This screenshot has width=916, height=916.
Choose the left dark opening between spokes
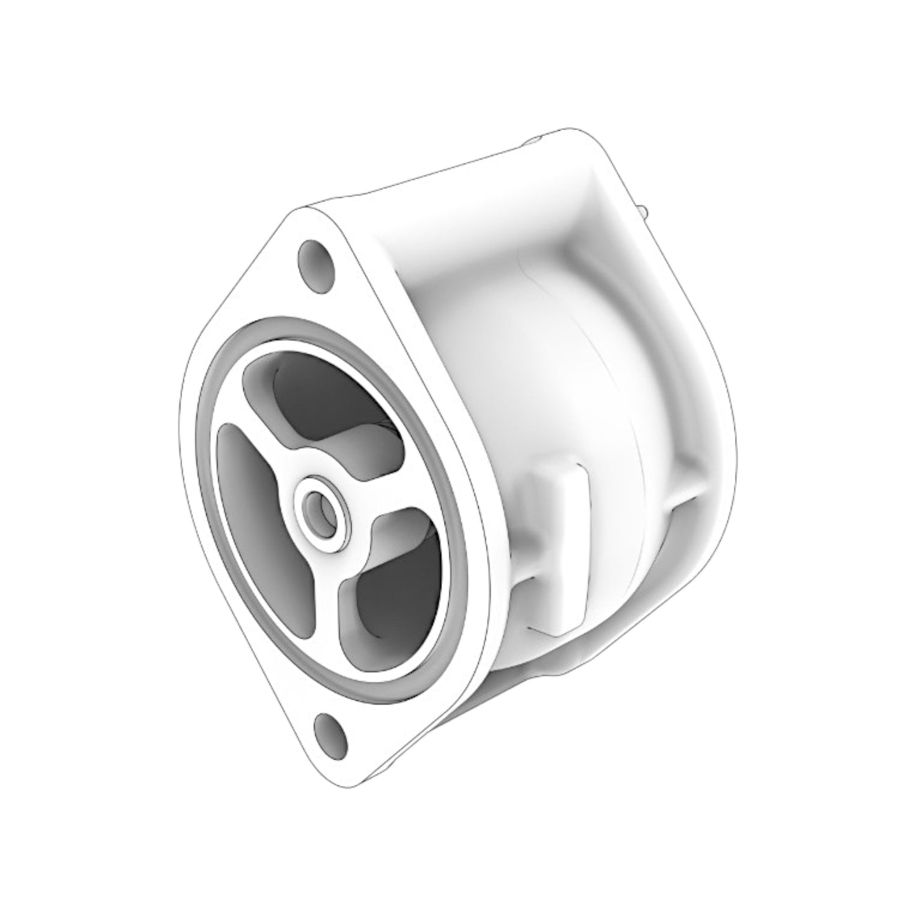pos(254,501)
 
